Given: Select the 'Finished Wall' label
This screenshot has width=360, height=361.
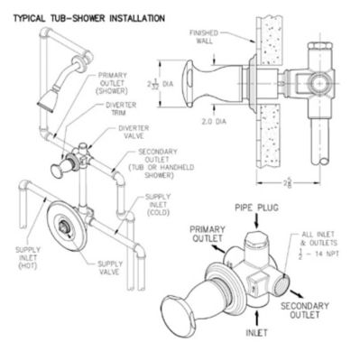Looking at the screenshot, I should click(206, 39).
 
